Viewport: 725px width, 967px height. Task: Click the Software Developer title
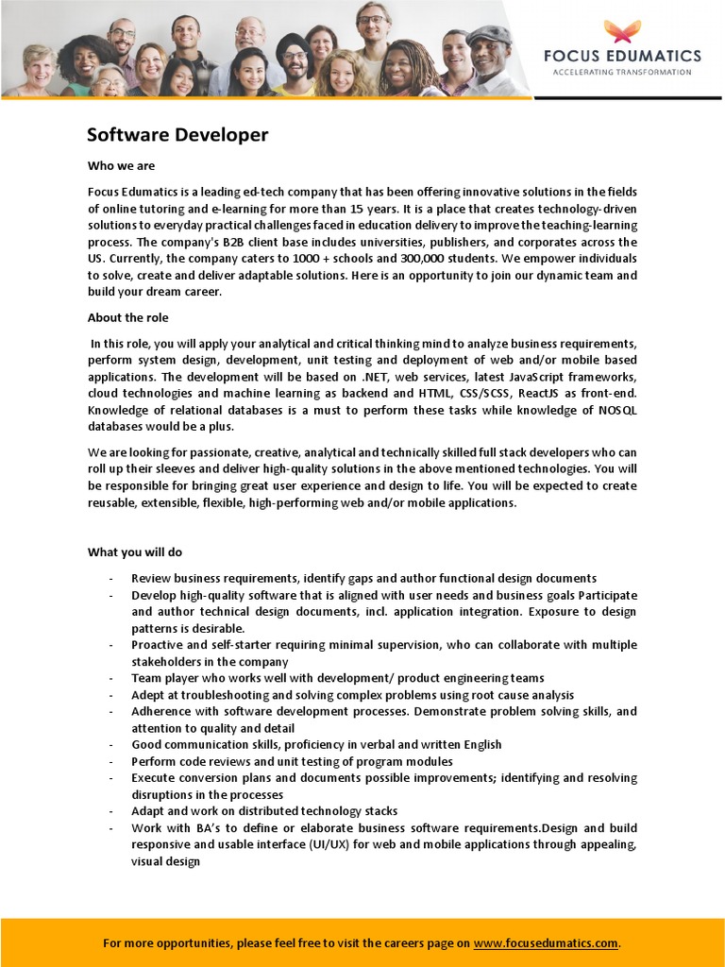(177, 135)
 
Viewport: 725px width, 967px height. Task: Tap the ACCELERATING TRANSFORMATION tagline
(620, 72)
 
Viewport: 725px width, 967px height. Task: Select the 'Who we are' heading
(121, 166)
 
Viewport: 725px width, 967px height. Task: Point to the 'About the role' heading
(128, 318)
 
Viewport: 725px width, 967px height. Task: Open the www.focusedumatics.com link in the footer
(546, 942)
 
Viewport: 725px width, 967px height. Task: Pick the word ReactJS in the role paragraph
(535, 394)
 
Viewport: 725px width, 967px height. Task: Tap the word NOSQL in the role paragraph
(617, 411)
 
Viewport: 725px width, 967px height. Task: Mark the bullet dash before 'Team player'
(111, 678)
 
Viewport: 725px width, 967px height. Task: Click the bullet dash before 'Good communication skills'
(111, 745)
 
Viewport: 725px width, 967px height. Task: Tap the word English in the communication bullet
(479, 745)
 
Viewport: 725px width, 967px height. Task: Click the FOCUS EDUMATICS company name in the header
(622, 57)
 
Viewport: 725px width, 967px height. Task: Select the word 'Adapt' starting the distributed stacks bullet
(149, 811)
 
